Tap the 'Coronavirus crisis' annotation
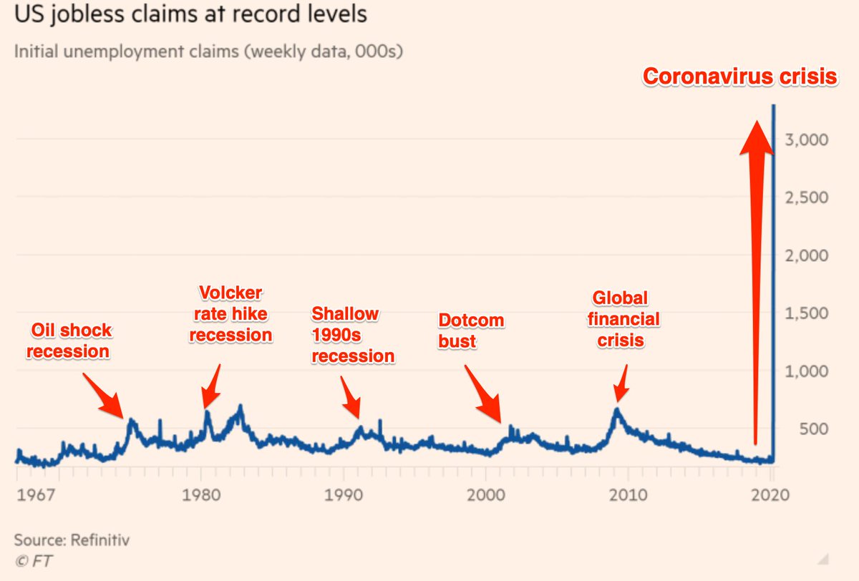tap(739, 77)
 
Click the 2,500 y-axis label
tap(808, 197)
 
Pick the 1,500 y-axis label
tap(808, 313)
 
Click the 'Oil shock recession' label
tap(70, 341)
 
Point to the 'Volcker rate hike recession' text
tap(230, 313)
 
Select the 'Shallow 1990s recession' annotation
tap(352, 335)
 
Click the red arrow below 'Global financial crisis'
tap(621, 384)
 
